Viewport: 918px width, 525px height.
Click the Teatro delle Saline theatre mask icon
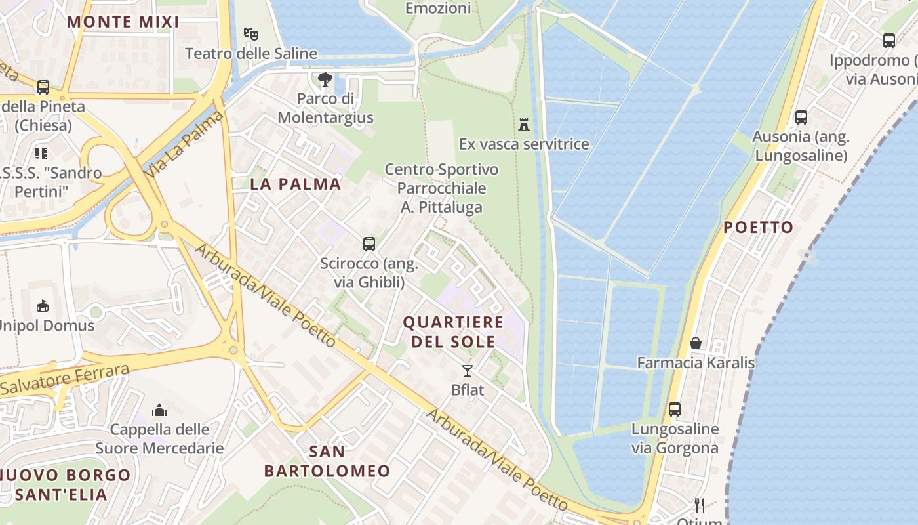click(250, 33)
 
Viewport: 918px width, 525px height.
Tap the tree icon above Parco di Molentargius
click(325, 79)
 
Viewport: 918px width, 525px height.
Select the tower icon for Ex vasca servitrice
click(524, 124)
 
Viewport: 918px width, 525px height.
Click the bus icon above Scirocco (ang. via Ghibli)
click(369, 244)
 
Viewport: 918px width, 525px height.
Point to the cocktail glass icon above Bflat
click(468, 371)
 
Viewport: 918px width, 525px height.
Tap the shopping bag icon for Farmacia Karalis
click(696, 343)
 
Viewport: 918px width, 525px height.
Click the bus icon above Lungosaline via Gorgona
click(675, 409)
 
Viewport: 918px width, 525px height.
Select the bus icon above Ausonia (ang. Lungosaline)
click(801, 117)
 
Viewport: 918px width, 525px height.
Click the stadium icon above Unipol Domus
click(43, 306)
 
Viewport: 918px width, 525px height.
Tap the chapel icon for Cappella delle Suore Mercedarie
click(159, 410)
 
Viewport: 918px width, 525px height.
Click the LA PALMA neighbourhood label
click(296, 184)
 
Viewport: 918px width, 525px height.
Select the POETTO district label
click(759, 228)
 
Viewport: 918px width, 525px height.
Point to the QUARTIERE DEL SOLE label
click(453, 332)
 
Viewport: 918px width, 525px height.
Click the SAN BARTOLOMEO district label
click(327, 461)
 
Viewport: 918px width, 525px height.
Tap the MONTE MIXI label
click(123, 22)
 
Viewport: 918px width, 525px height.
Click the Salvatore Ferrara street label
click(66, 379)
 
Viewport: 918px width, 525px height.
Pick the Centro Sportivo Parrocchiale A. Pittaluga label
click(441, 188)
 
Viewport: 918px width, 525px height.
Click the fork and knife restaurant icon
click(700, 505)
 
